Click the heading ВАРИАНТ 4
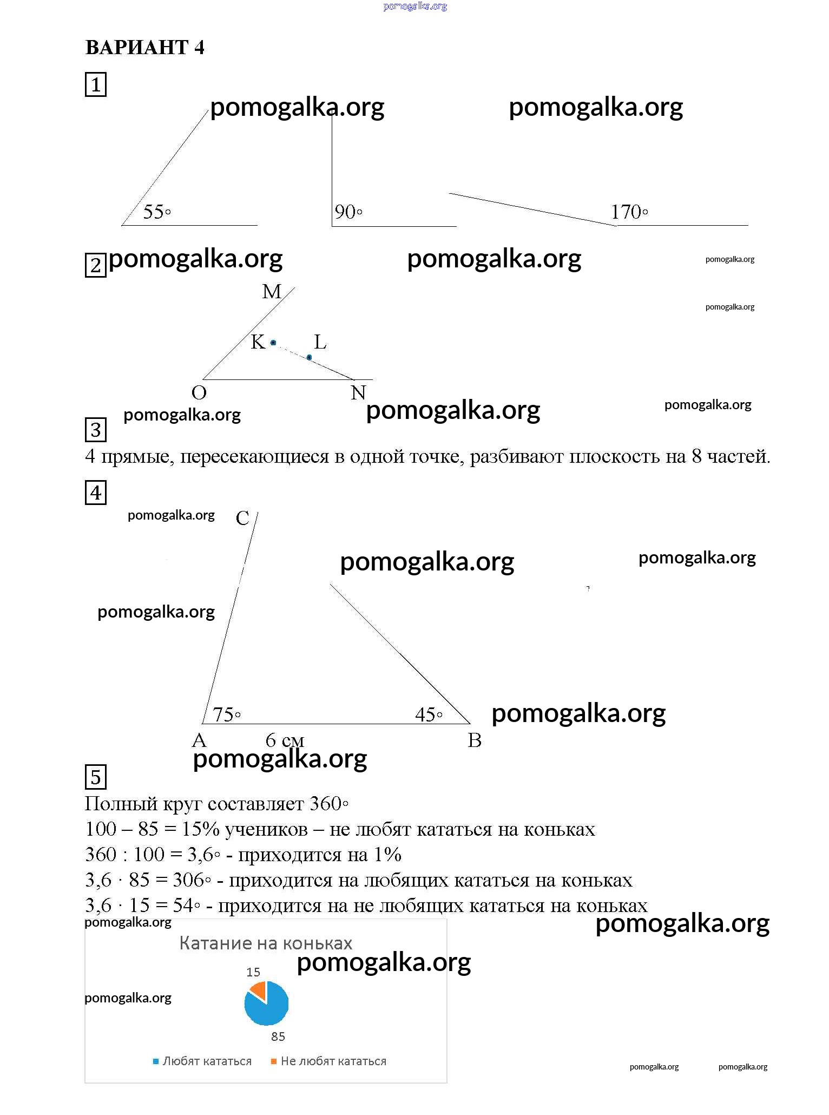pos(144,48)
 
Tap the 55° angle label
pos(156,212)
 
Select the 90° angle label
pos(348,212)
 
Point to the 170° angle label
pos(629,212)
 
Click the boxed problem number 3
pos(96,430)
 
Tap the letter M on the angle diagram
pos(272,292)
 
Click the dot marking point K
pos(273,343)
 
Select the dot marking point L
pos(309,357)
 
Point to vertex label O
pos(199,392)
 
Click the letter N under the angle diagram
pos(358,392)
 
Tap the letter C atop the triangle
pos(242,519)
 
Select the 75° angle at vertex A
pos(227,714)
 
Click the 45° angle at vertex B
pos(429,714)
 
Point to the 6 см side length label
pos(285,740)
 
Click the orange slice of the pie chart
pos(259,990)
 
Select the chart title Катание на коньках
pos(266,943)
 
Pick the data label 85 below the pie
pos(278,1037)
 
